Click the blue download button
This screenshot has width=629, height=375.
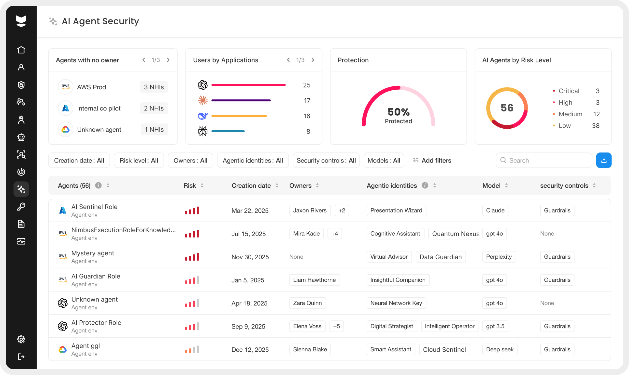tap(603, 160)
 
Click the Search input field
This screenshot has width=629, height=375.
tap(544, 160)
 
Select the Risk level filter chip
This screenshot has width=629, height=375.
tap(139, 160)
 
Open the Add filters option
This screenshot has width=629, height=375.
tap(432, 160)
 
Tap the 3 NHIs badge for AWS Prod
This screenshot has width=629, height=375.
tap(154, 87)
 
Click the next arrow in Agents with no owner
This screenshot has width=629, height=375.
tap(168, 60)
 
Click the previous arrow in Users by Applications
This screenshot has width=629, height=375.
tap(288, 60)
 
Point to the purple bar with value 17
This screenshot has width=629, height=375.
tap(241, 100)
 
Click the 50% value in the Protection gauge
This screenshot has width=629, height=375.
tap(399, 112)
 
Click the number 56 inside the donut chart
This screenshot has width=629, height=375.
tap(507, 108)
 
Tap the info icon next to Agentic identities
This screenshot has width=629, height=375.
tap(425, 185)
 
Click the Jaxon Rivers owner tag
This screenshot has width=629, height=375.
tap(310, 210)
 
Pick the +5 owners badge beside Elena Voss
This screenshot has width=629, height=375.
tap(336, 326)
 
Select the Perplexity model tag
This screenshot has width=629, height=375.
tap(499, 257)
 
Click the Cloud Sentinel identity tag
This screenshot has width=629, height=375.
tap(444, 349)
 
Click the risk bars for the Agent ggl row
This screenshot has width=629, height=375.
tap(192, 349)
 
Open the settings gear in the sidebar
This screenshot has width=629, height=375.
tap(21, 339)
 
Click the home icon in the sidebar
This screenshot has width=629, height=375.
tap(21, 50)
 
